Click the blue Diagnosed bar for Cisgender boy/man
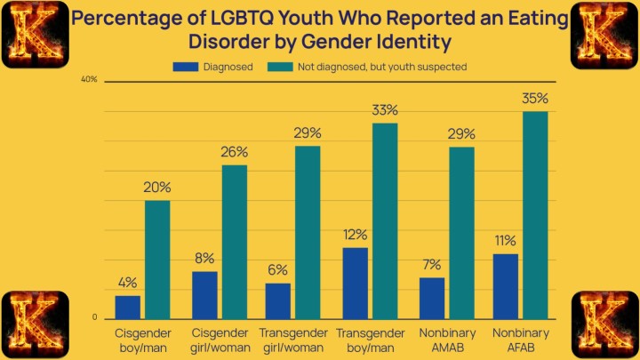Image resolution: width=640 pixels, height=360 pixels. (128, 307)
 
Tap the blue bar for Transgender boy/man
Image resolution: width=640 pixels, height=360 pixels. (355, 283)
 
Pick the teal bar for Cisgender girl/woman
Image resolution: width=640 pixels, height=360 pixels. (235, 242)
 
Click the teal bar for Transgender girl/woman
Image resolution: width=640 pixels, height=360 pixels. (308, 232)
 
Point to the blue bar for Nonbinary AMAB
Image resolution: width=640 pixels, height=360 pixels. (432, 298)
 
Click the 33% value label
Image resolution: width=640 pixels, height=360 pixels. (385, 110)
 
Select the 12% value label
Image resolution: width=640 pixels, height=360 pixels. (355, 235)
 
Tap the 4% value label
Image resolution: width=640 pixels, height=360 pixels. (128, 283)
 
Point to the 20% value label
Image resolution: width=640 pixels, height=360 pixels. (158, 188)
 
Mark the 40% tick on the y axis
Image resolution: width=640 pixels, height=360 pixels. (89, 80)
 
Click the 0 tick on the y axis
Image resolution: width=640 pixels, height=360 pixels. (94, 317)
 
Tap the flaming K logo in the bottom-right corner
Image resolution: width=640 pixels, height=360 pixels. (606, 324)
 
